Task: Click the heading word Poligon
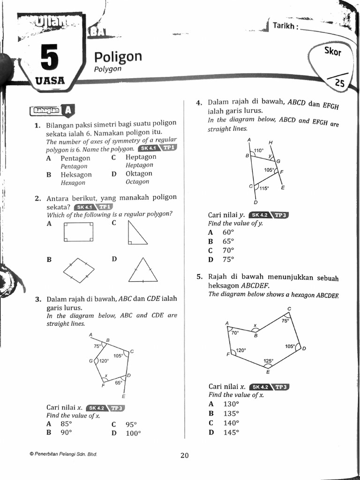118,57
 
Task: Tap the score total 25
340,83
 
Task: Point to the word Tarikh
284,25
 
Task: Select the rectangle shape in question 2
79,232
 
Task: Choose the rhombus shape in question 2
79,270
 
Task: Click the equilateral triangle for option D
143,270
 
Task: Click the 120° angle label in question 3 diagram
103,361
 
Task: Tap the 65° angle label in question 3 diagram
119,383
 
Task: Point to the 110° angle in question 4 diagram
259,150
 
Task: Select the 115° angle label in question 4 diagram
264,188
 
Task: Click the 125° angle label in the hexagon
268,361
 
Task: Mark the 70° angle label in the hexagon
235,332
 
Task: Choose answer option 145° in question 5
231,432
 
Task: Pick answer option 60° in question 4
228,232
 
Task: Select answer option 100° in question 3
133,433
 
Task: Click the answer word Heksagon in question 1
76,174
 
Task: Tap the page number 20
184,455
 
